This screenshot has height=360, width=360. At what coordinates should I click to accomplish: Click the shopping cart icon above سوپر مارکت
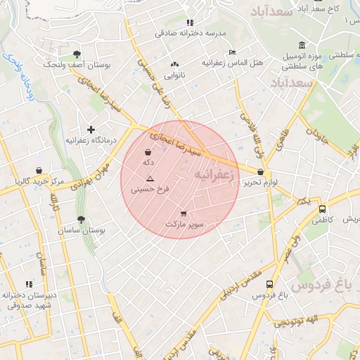[184, 214]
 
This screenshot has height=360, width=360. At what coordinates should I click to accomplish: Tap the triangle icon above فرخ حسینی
[150, 180]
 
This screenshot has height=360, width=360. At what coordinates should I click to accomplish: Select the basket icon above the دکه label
[148, 152]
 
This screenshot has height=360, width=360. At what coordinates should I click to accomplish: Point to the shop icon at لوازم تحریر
[261, 172]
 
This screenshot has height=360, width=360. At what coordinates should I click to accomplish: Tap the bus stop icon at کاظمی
[322, 209]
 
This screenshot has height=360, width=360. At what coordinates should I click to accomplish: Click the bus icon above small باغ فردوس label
[269, 285]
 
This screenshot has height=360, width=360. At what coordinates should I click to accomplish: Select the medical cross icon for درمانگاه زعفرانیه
[91, 129]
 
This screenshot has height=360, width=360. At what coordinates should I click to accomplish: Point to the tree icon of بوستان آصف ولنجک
[77, 54]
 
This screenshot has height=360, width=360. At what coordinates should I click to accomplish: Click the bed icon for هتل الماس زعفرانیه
[233, 52]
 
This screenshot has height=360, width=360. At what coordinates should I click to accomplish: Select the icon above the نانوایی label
[174, 65]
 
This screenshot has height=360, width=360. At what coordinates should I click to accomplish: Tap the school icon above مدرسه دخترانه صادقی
[189, 22]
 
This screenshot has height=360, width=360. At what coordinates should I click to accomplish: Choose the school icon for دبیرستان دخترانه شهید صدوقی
[29, 284]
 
